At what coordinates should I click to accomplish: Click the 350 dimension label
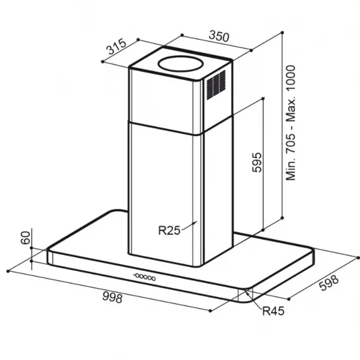(x=219, y=37)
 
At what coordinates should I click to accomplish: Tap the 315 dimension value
(x=116, y=47)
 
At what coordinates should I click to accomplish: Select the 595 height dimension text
(x=257, y=163)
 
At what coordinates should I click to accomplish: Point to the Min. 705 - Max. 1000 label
(x=290, y=123)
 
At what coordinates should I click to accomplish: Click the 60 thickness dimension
(x=25, y=238)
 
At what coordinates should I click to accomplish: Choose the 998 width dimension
(x=113, y=298)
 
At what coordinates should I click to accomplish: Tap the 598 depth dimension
(x=329, y=283)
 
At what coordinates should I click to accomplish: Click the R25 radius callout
(x=169, y=230)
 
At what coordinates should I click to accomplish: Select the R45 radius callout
(x=273, y=311)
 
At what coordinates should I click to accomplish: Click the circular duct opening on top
(x=181, y=63)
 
